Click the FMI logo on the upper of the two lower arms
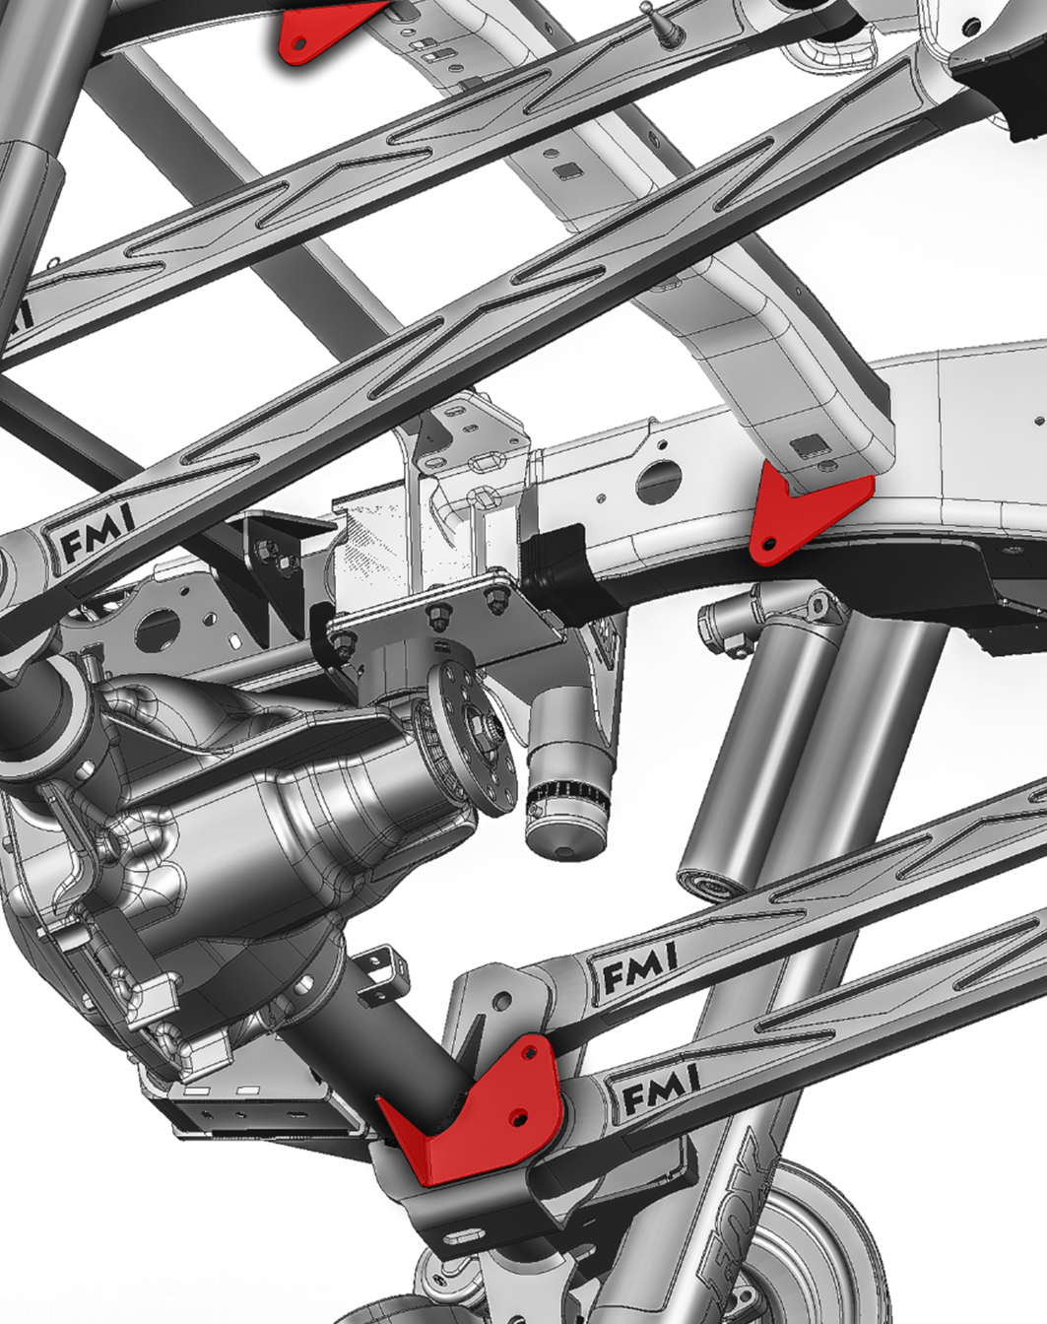[639, 973]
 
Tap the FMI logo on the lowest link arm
[661, 1092]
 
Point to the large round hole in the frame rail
[659, 481]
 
